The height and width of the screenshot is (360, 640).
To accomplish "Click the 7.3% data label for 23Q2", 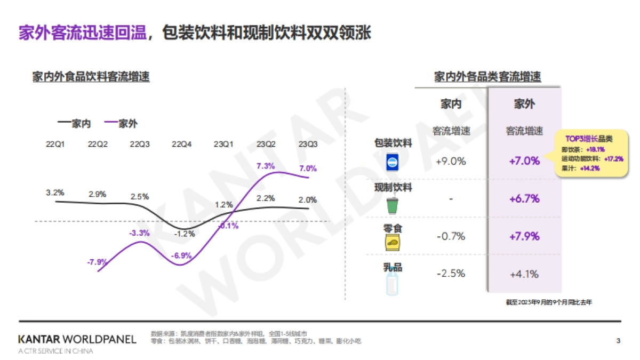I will pos(266,166).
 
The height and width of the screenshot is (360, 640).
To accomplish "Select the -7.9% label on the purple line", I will pos(98,262).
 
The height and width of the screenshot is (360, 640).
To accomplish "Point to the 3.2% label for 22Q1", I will pos(55,193).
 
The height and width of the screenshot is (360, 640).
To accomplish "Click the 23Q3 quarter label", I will pos(308,144).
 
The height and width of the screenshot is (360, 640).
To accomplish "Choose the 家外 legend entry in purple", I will pos(121,124).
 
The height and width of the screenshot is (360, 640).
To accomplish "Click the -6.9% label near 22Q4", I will pos(181,256).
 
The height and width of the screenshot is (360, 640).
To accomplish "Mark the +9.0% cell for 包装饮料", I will pos(451,161).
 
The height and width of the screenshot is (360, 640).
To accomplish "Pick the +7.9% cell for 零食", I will pos(524,236).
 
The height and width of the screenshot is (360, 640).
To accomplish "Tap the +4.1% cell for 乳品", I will pos(524,275).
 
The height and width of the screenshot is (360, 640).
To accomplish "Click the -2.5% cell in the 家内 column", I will pos(451,274).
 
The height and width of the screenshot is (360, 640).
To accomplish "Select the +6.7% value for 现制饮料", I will pos(524,199).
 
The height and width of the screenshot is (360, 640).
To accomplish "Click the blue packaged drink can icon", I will pos(393,162).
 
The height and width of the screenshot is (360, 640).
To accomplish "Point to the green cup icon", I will pos(393,205).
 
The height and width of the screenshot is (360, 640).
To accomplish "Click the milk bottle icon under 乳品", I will pos(393,284).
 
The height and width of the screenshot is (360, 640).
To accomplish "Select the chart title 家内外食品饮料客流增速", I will pos(91,77).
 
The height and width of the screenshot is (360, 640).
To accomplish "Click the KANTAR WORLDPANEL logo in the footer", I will pos(77,339).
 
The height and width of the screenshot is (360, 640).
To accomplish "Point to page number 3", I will pos(618,340).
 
